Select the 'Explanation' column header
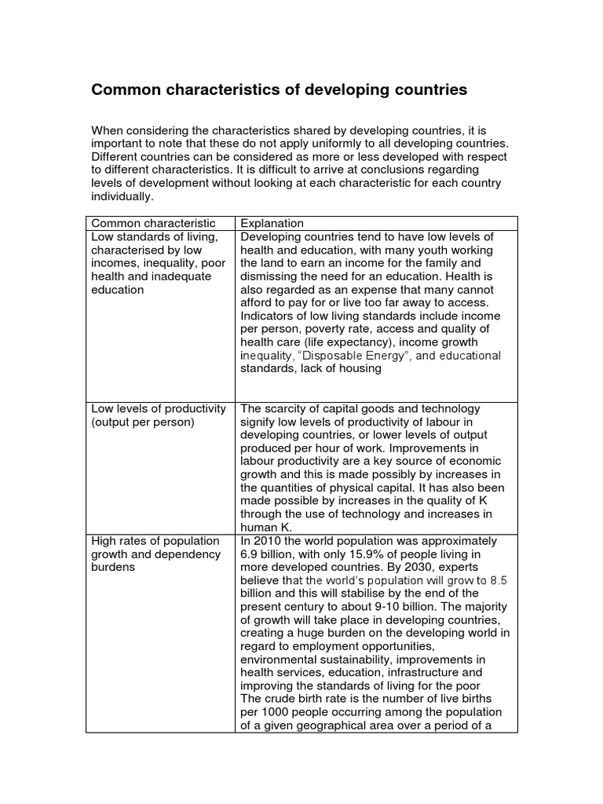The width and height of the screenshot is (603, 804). coord(272,224)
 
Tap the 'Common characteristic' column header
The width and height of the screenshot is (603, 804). coord(152,224)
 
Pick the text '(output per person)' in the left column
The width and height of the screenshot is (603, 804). coord(143,422)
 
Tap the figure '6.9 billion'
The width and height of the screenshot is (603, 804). coord(269,554)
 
